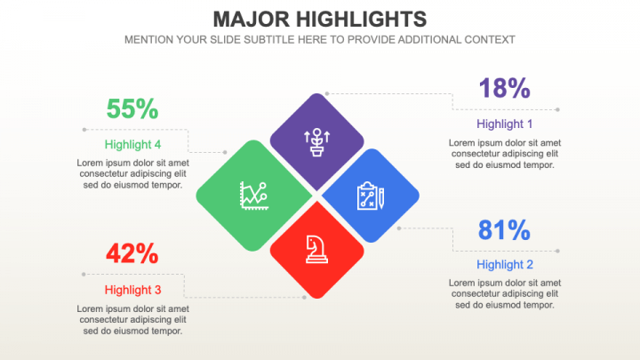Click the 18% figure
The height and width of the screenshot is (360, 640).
point(504,88)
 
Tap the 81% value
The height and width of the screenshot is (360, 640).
point(504,230)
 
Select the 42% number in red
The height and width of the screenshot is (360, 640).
point(132,253)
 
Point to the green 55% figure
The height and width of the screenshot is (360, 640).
point(132,109)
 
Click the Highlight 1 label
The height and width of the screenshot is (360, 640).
point(505,124)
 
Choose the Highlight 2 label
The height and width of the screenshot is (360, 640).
point(505,264)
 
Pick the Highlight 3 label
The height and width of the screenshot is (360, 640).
point(132,290)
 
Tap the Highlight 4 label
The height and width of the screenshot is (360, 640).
point(132,144)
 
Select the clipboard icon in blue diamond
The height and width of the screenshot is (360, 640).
point(370,196)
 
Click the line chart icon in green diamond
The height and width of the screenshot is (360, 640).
point(252,195)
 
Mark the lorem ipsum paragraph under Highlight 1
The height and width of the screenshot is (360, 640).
point(505,153)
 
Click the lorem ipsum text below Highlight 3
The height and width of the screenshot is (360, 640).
point(132,319)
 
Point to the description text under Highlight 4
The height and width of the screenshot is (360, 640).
point(132,173)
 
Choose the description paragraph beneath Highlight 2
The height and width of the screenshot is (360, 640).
point(505,293)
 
